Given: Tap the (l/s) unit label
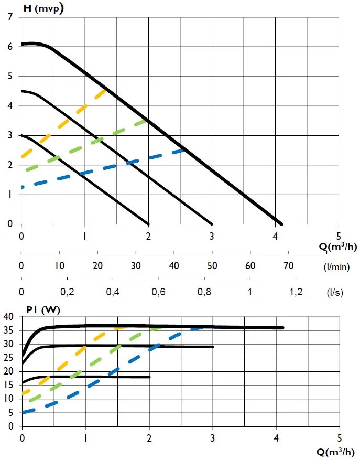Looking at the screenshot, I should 335,293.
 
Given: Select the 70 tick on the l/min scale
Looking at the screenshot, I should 289,265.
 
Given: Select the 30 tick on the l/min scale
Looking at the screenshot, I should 136,265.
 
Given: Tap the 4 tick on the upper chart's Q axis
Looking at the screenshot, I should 276,236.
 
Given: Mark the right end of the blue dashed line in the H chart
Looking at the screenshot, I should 184,150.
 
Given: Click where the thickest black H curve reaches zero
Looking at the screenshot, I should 281,223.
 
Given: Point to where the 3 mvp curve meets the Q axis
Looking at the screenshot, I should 148,223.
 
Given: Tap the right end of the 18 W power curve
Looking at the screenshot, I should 149,377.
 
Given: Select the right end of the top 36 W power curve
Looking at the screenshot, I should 282,328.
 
